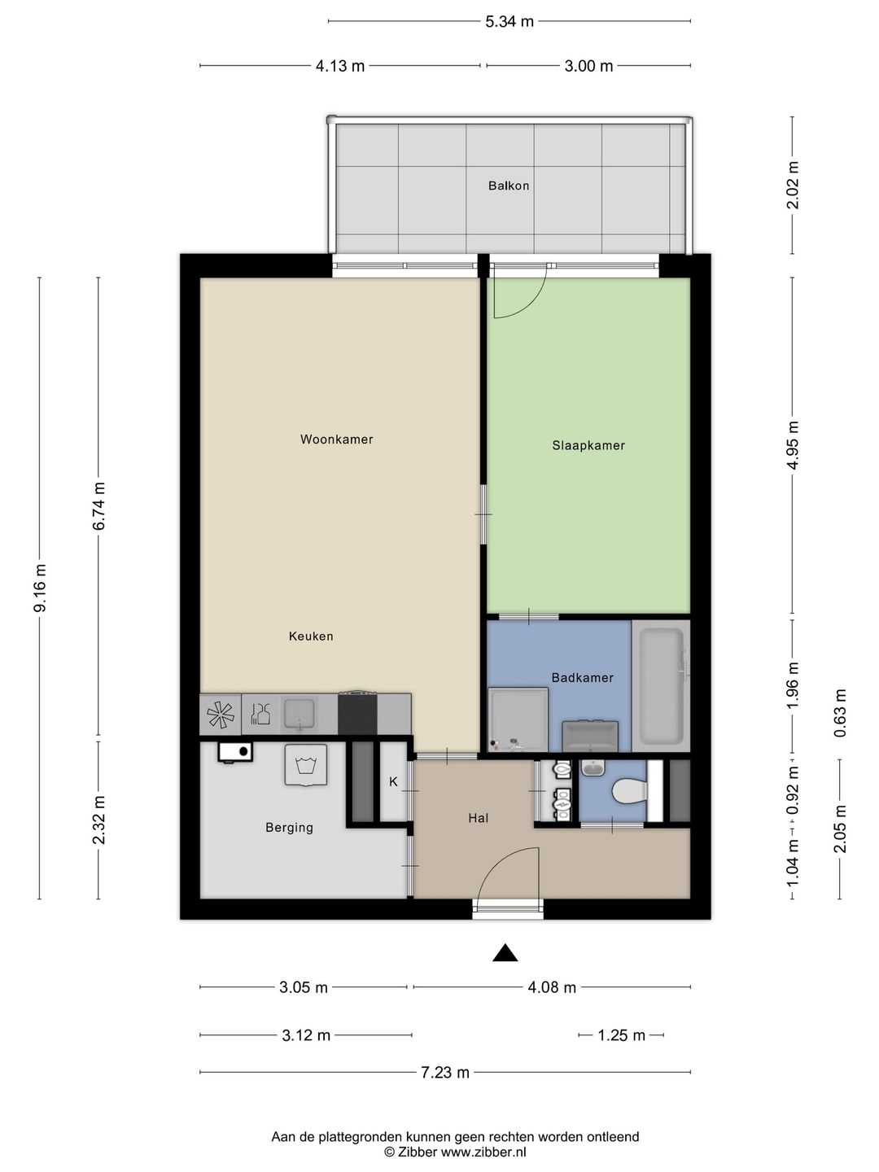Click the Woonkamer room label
336,439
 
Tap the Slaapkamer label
588,445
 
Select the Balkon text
509,186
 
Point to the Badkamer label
582,678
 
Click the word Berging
289,828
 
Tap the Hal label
479,818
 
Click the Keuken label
311,636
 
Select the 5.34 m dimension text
509,21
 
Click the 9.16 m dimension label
40,588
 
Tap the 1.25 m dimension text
621,1035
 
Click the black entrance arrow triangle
505,953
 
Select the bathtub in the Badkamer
661,686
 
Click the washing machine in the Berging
306,765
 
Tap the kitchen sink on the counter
300,714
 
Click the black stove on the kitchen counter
357,713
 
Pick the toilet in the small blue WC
630,791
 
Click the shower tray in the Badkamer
518,719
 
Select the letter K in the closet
393,782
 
